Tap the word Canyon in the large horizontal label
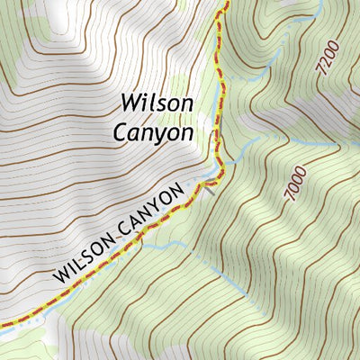click(153, 131)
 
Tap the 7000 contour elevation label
click(294, 184)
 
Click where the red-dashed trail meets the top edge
click(226, 2)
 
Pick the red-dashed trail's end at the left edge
click(2, 324)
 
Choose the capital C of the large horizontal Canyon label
click(121, 131)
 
